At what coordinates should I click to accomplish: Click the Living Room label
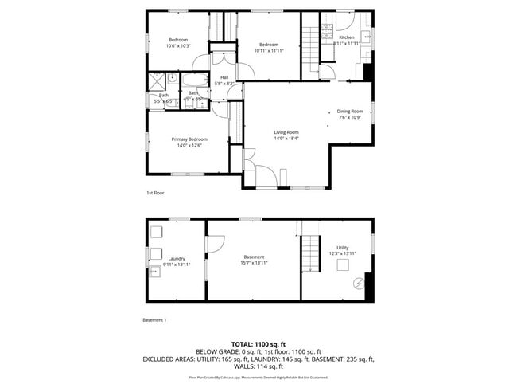pyautogui.click(x=286, y=132)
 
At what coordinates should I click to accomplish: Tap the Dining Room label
pyautogui.click(x=350, y=111)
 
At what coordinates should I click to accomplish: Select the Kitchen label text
pyautogui.click(x=347, y=37)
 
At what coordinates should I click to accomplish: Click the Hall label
pyautogui.click(x=224, y=77)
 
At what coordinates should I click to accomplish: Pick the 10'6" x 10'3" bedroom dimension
pyautogui.click(x=178, y=46)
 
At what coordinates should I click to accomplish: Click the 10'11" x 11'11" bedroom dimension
pyautogui.click(x=268, y=51)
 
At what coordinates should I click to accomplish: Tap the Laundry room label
pyautogui.click(x=177, y=258)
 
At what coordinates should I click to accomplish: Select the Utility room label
pyautogui.click(x=343, y=248)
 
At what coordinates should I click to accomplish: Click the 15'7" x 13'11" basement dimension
pyautogui.click(x=254, y=262)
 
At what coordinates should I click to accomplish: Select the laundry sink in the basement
pyautogui.click(x=155, y=272)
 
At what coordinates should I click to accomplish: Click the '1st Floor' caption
pyautogui.click(x=154, y=193)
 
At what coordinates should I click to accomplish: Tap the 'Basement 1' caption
pyautogui.click(x=154, y=319)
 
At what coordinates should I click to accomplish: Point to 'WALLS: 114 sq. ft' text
pyautogui.click(x=258, y=366)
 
